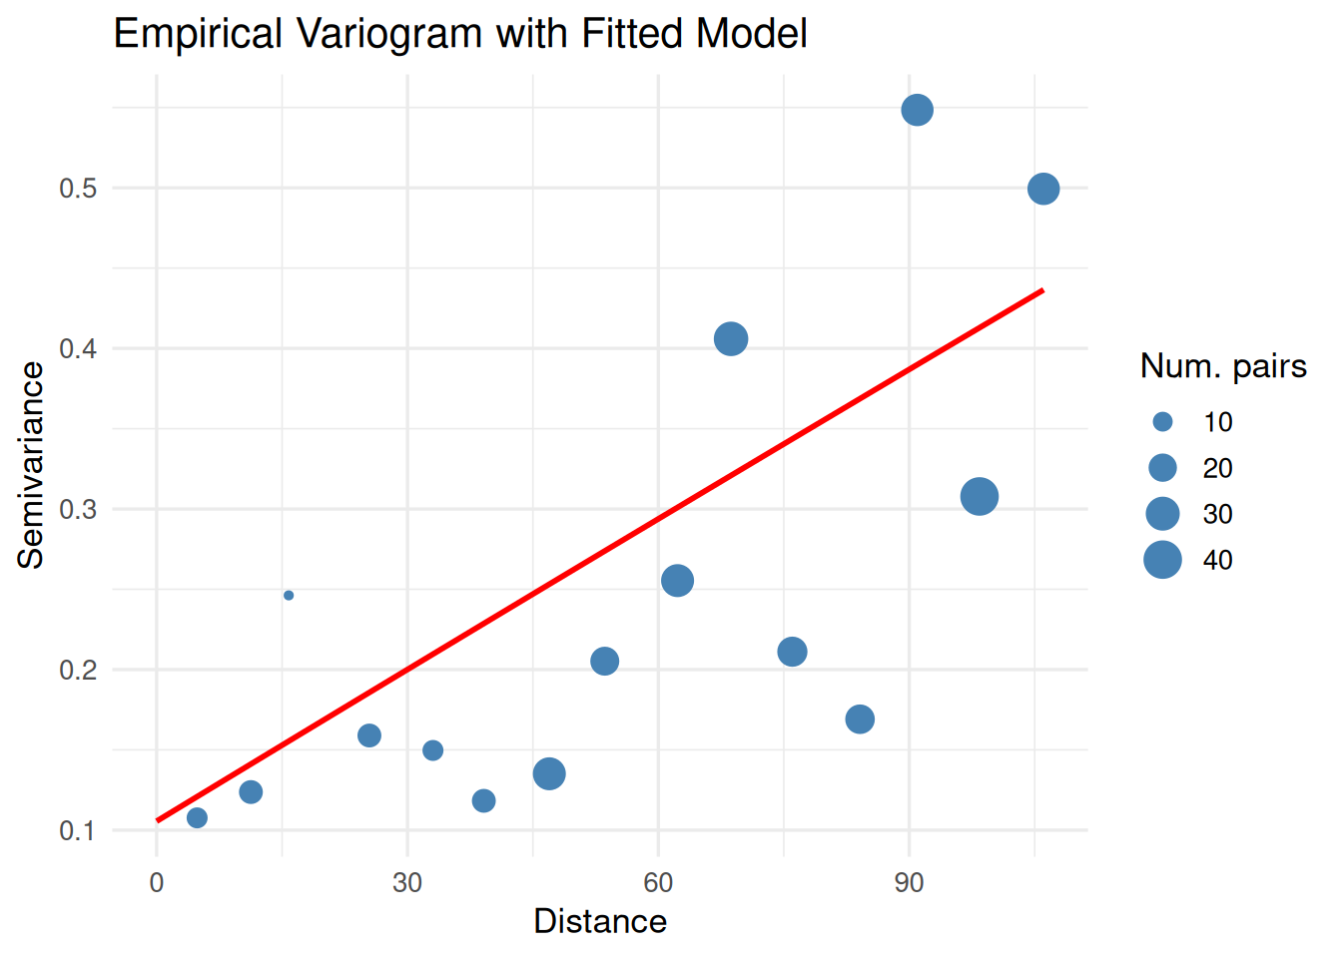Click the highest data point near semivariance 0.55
(x=917, y=110)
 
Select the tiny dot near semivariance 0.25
(x=289, y=596)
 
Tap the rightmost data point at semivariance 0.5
(x=1042, y=189)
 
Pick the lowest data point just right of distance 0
(x=197, y=818)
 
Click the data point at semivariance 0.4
(x=731, y=339)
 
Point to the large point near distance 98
(x=980, y=496)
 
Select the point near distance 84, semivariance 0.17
(x=860, y=718)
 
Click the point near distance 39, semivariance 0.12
(x=483, y=800)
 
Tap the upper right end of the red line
(x=1041, y=290)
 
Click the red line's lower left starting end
(x=159, y=820)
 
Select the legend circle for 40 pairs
(x=1162, y=560)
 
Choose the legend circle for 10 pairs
(x=1162, y=422)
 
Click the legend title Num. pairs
(x=1223, y=366)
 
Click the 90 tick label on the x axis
(x=909, y=883)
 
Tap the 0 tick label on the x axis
(x=157, y=883)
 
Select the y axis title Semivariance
(x=31, y=465)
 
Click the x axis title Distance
(x=600, y=921)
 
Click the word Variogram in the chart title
(x=389, y=34)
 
